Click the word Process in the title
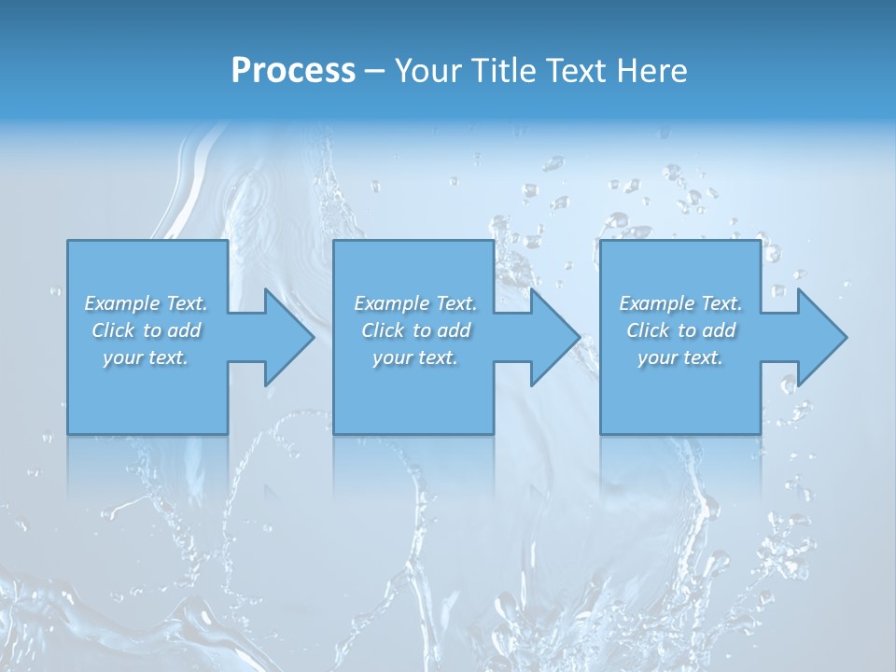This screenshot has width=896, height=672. tap(293, 71)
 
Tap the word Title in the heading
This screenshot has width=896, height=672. tap(503, 71)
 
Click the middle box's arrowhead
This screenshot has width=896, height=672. tap(555, 337)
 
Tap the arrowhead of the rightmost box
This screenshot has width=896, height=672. tap(821, 337)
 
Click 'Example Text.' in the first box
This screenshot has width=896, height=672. tap(146, 303)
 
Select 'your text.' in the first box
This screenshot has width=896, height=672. tap(146, 357)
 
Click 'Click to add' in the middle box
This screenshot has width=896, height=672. tap(415, 330)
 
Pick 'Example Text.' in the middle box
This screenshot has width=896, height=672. tap(415, 303)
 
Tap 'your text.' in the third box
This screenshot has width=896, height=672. tap(680, 357)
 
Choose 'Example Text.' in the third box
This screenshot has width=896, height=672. tap(680, 303)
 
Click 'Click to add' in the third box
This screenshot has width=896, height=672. tap(680, 330)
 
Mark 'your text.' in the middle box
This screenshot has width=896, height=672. tap(415, 357)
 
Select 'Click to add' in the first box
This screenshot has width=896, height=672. tap(146, 330)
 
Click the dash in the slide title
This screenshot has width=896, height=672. tap(374, 71)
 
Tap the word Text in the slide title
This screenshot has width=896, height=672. tap(572, 71)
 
